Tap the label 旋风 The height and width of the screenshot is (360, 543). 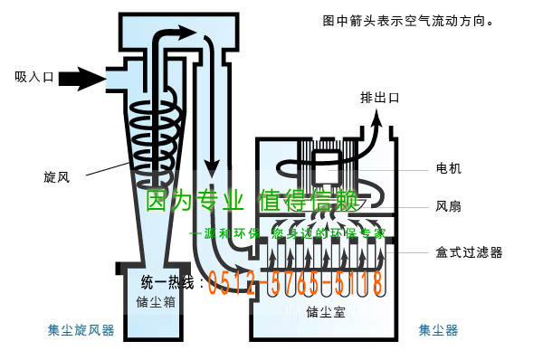pos(56,175)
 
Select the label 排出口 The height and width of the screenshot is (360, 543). pos(379,98)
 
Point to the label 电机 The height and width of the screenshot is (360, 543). pos(448,169)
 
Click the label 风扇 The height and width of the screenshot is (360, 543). pos(448,207)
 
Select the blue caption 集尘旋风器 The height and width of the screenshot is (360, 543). pos(81,331)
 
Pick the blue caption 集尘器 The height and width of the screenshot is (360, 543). pos(437,331)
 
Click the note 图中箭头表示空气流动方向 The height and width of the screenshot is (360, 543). pos(408,19)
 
